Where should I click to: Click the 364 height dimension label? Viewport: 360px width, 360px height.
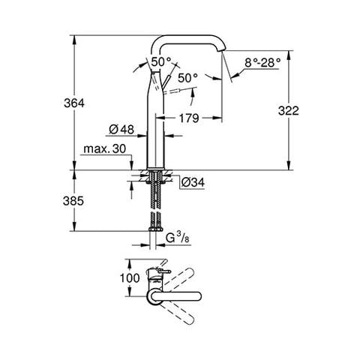[61, 102]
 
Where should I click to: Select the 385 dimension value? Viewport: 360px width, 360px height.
[61, 202]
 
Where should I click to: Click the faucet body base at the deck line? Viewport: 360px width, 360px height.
[156, 166]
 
